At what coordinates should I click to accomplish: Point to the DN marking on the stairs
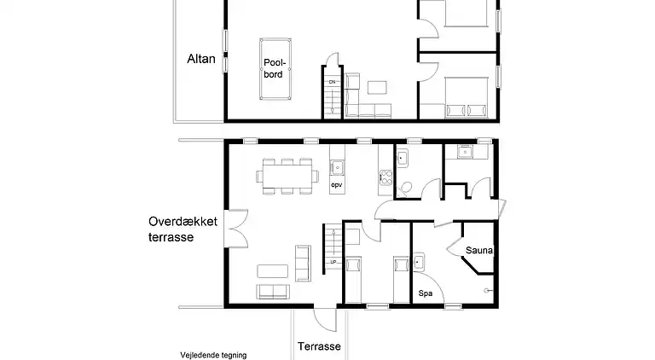tap(332, 81)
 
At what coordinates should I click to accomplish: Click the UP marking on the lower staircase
tap(333, 261)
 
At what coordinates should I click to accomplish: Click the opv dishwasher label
tap(336, 183)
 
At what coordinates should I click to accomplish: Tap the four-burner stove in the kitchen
tap(384, 178)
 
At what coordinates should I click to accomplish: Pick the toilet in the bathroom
tap(406, 187)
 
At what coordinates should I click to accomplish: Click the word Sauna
tap(480, 250)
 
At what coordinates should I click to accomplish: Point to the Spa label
tap(425, 293)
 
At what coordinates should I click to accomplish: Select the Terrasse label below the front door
tap(320, 346)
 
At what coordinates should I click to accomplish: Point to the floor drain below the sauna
tap(488, 290)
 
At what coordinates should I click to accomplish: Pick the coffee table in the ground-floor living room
tap(274, 270)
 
